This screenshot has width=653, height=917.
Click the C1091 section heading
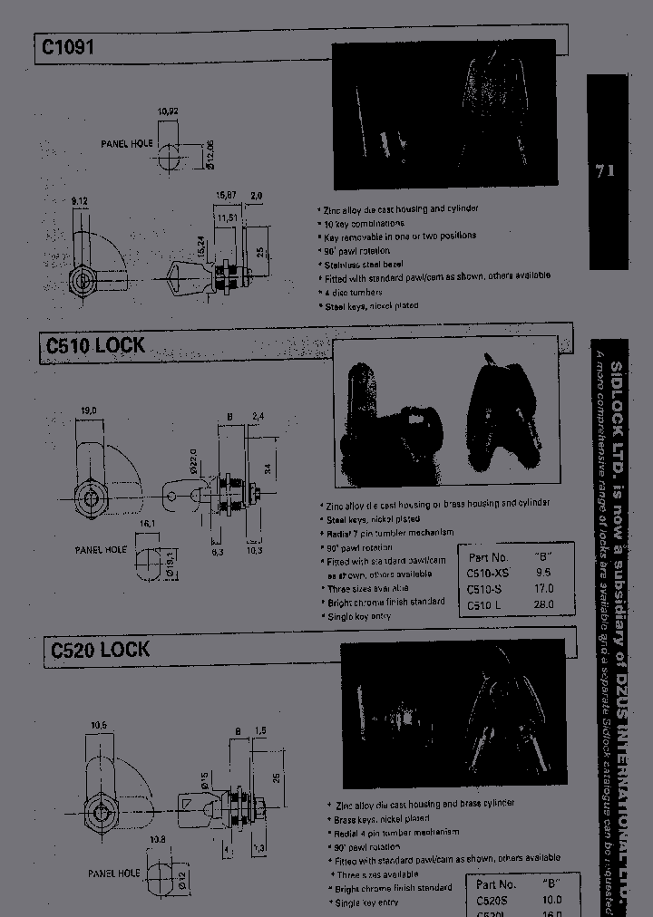[x=65, y=47]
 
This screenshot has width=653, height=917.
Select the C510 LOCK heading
[x=94, y=346]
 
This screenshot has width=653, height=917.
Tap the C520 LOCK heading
[x=100, y=650]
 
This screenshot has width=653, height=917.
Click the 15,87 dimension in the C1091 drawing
[x=225, y=195]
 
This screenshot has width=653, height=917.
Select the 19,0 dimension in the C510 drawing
[x=89, y=411]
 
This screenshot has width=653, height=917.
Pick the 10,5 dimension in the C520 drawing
[x=101, y=724]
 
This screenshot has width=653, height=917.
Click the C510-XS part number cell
[x=487, y=573]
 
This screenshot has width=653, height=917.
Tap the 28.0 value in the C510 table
[x=544, y=604]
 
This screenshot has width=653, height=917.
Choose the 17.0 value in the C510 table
[x=544, y=588]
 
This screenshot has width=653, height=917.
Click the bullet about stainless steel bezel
[x=361, y=264]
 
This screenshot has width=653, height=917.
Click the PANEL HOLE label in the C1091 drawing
[x=127, y=144]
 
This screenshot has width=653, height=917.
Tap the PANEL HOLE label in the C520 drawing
[x=114, y=873]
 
